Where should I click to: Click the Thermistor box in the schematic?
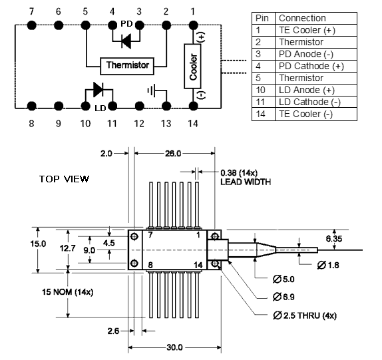pos(127,66)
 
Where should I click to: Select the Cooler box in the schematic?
pos(193,67)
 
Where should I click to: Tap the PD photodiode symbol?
pos(126,41)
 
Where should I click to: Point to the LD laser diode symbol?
pos(98,90)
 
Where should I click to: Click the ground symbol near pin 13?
pos(152,90)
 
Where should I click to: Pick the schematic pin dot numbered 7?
pos(32,25)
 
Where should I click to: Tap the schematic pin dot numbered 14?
pos(193,106)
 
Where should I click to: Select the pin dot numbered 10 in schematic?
pos(85,106)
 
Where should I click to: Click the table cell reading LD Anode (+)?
pos(316,90)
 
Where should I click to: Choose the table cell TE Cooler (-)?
pos(316,114)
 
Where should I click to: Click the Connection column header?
pos(316,18)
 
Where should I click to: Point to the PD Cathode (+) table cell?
pos(316,67)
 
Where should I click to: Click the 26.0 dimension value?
pos(173,154)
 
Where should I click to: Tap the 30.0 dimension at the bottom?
pos(174,347)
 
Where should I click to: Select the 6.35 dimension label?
pos(334,239)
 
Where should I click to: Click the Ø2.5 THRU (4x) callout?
pos(305,315)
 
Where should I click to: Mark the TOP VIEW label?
pos(64,179)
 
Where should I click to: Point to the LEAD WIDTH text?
pos(246,182)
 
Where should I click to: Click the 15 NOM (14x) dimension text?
pos(68,292)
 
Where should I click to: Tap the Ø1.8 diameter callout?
pos(328,265)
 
